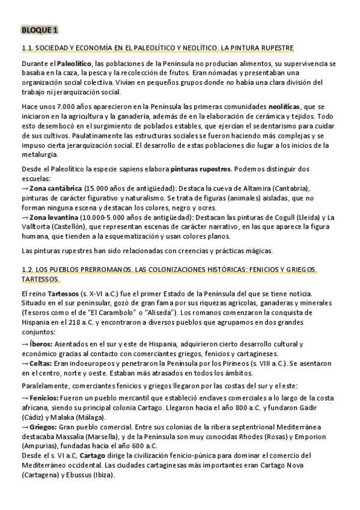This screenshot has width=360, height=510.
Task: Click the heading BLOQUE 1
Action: [x=39, y=29]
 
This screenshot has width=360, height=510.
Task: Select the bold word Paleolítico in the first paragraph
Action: [x=75, y=63]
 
